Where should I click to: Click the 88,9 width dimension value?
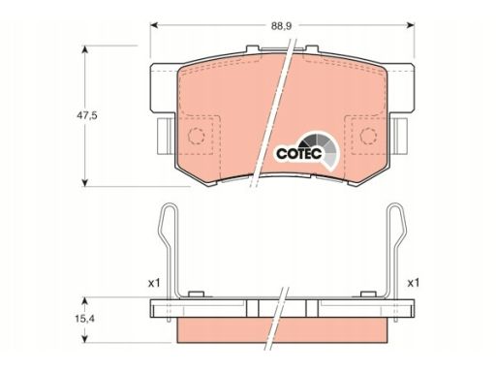281,26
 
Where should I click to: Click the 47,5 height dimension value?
86,115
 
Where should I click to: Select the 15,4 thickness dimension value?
84,319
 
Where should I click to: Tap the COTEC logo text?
298,153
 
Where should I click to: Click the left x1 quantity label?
154,284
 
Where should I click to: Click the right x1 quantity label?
413,283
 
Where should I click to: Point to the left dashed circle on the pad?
196,136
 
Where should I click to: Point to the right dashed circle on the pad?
368,136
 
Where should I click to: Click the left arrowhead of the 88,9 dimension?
154,25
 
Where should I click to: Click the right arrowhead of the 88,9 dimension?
410,25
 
